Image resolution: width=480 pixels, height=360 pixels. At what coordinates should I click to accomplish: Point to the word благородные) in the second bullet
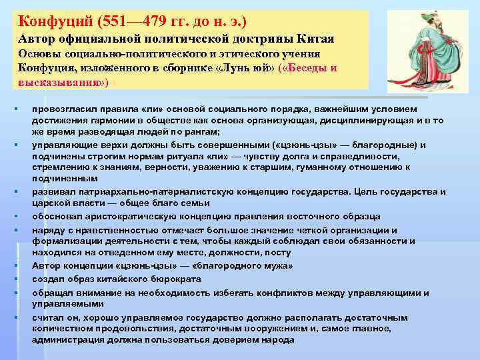coord(393,145)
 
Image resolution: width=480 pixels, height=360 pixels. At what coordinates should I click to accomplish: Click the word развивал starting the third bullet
coord(52,192)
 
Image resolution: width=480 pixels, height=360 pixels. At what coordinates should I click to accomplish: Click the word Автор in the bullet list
coord(45,267)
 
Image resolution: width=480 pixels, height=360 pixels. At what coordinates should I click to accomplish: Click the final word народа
coord(279,339)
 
